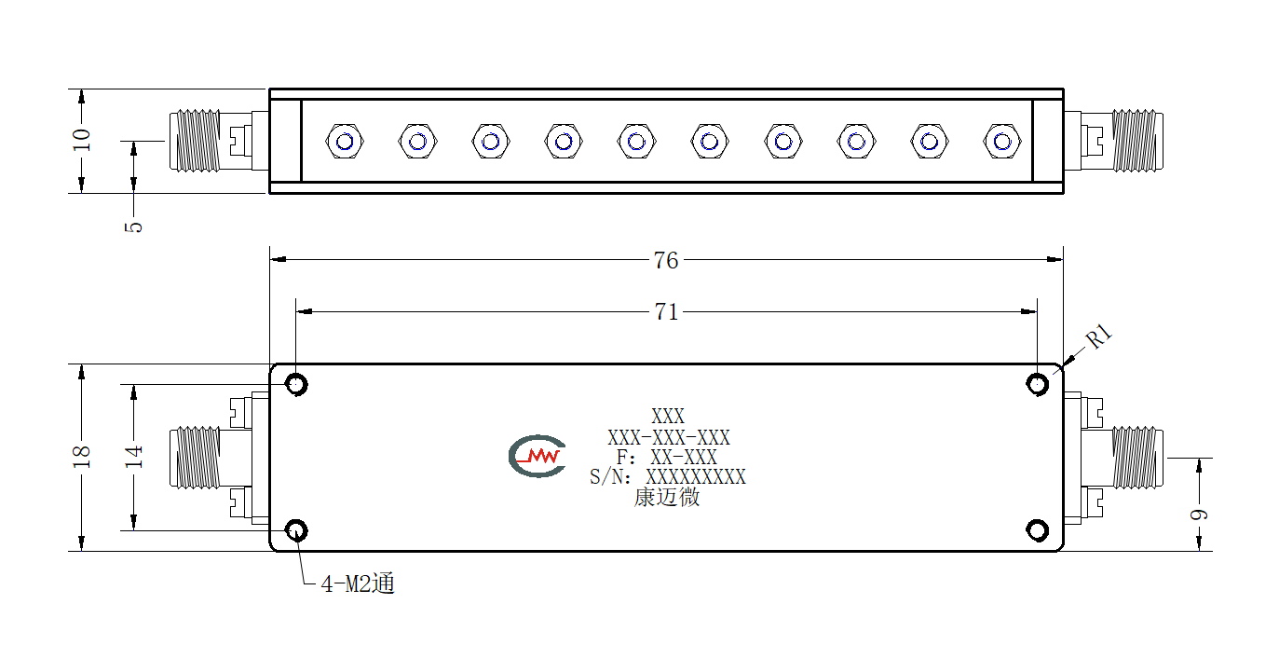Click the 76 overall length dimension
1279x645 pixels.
(666, 260)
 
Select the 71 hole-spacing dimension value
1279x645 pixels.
(666, 312)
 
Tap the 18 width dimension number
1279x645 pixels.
(82, 457)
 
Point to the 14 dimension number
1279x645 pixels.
(133, 457)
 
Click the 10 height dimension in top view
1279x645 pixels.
(82, 140)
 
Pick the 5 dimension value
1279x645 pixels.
(133, 226)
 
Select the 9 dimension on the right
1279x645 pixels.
(1199, 515)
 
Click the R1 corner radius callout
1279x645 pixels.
(1099, 336)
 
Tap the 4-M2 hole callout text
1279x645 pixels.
(358, 583)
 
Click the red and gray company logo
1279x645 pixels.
(537, 456)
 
